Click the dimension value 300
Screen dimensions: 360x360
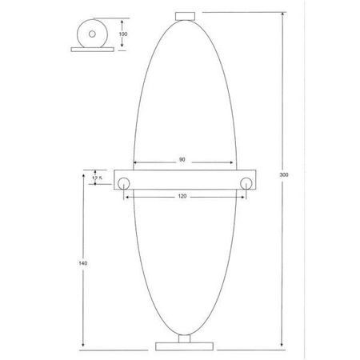pos(284,175)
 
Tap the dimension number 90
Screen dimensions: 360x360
pos(182,160)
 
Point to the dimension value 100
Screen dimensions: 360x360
pos(122,35)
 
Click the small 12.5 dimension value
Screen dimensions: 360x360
pos(98,178)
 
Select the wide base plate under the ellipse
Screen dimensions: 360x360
pos(185,346)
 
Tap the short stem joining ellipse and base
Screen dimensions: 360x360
pos(185,337)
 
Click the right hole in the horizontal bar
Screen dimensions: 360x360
pos(245,183)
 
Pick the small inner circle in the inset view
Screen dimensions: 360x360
pos(91,34)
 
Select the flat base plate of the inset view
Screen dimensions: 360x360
pos(91,50)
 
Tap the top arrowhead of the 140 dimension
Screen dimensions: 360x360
pos(82,172)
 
